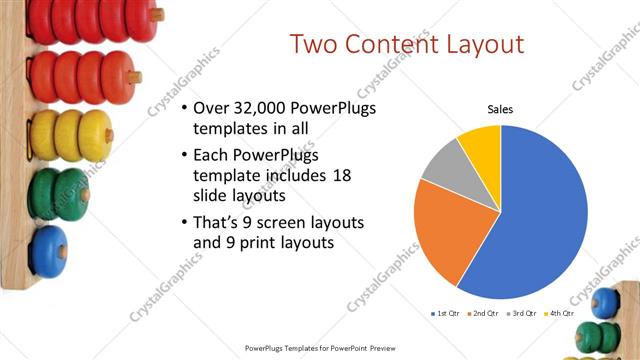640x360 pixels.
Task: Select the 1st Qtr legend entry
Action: point(446,313)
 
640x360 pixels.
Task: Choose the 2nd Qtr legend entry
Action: point(485,313)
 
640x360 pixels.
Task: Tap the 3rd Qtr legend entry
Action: point(523,313)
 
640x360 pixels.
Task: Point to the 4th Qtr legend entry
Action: point(560,313)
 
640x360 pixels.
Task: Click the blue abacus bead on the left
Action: point(48,251)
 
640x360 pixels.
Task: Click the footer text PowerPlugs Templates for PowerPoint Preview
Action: point(320,349)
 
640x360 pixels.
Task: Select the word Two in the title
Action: point(312,44)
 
